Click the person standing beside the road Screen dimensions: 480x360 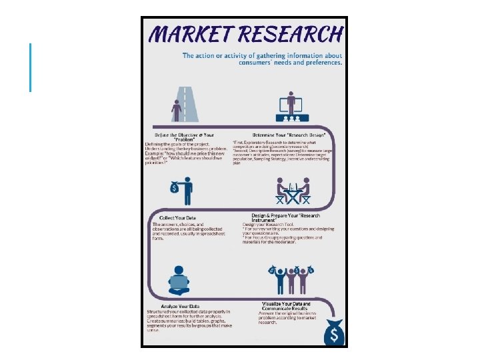click(x=177, y=110)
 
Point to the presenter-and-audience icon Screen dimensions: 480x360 click(x=291, y=107)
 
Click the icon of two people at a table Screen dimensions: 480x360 click(x=293, y=191)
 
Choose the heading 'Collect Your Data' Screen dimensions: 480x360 click(x=177, y=218)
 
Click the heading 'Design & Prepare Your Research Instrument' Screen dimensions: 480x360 click(x=287, y=218)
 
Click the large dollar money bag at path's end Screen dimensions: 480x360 click(x=335, y=332)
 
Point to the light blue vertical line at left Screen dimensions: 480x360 click(x=31, y=67)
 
